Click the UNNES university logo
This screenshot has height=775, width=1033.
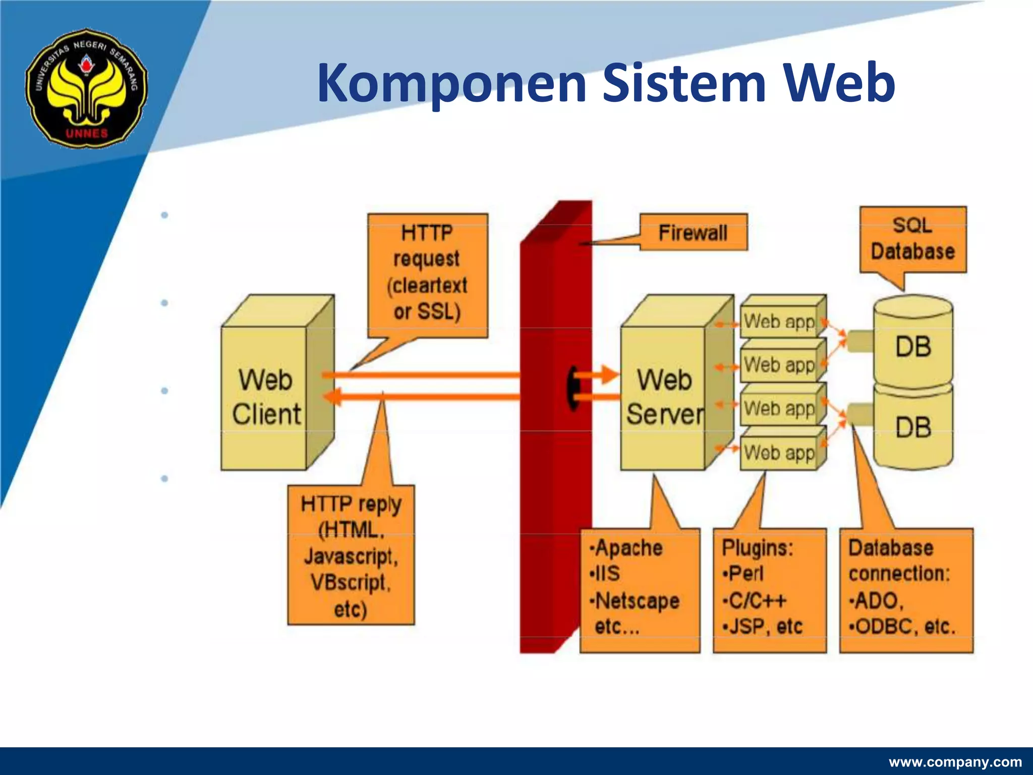point(86,88)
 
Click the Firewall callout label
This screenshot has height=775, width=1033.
point(693,233)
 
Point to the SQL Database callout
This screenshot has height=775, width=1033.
point(912,239)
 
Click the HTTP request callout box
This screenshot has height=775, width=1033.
point(427,273)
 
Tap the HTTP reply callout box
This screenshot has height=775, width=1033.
point(351,556)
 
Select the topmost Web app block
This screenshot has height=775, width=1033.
point(779,321)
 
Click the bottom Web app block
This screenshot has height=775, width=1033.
point(779,453)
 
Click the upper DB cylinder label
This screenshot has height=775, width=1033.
point(913,347)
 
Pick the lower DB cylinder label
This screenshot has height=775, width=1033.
point(913,427)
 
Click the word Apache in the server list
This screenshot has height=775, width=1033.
point(628,547)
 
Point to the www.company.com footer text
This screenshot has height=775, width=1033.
point(955,762)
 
